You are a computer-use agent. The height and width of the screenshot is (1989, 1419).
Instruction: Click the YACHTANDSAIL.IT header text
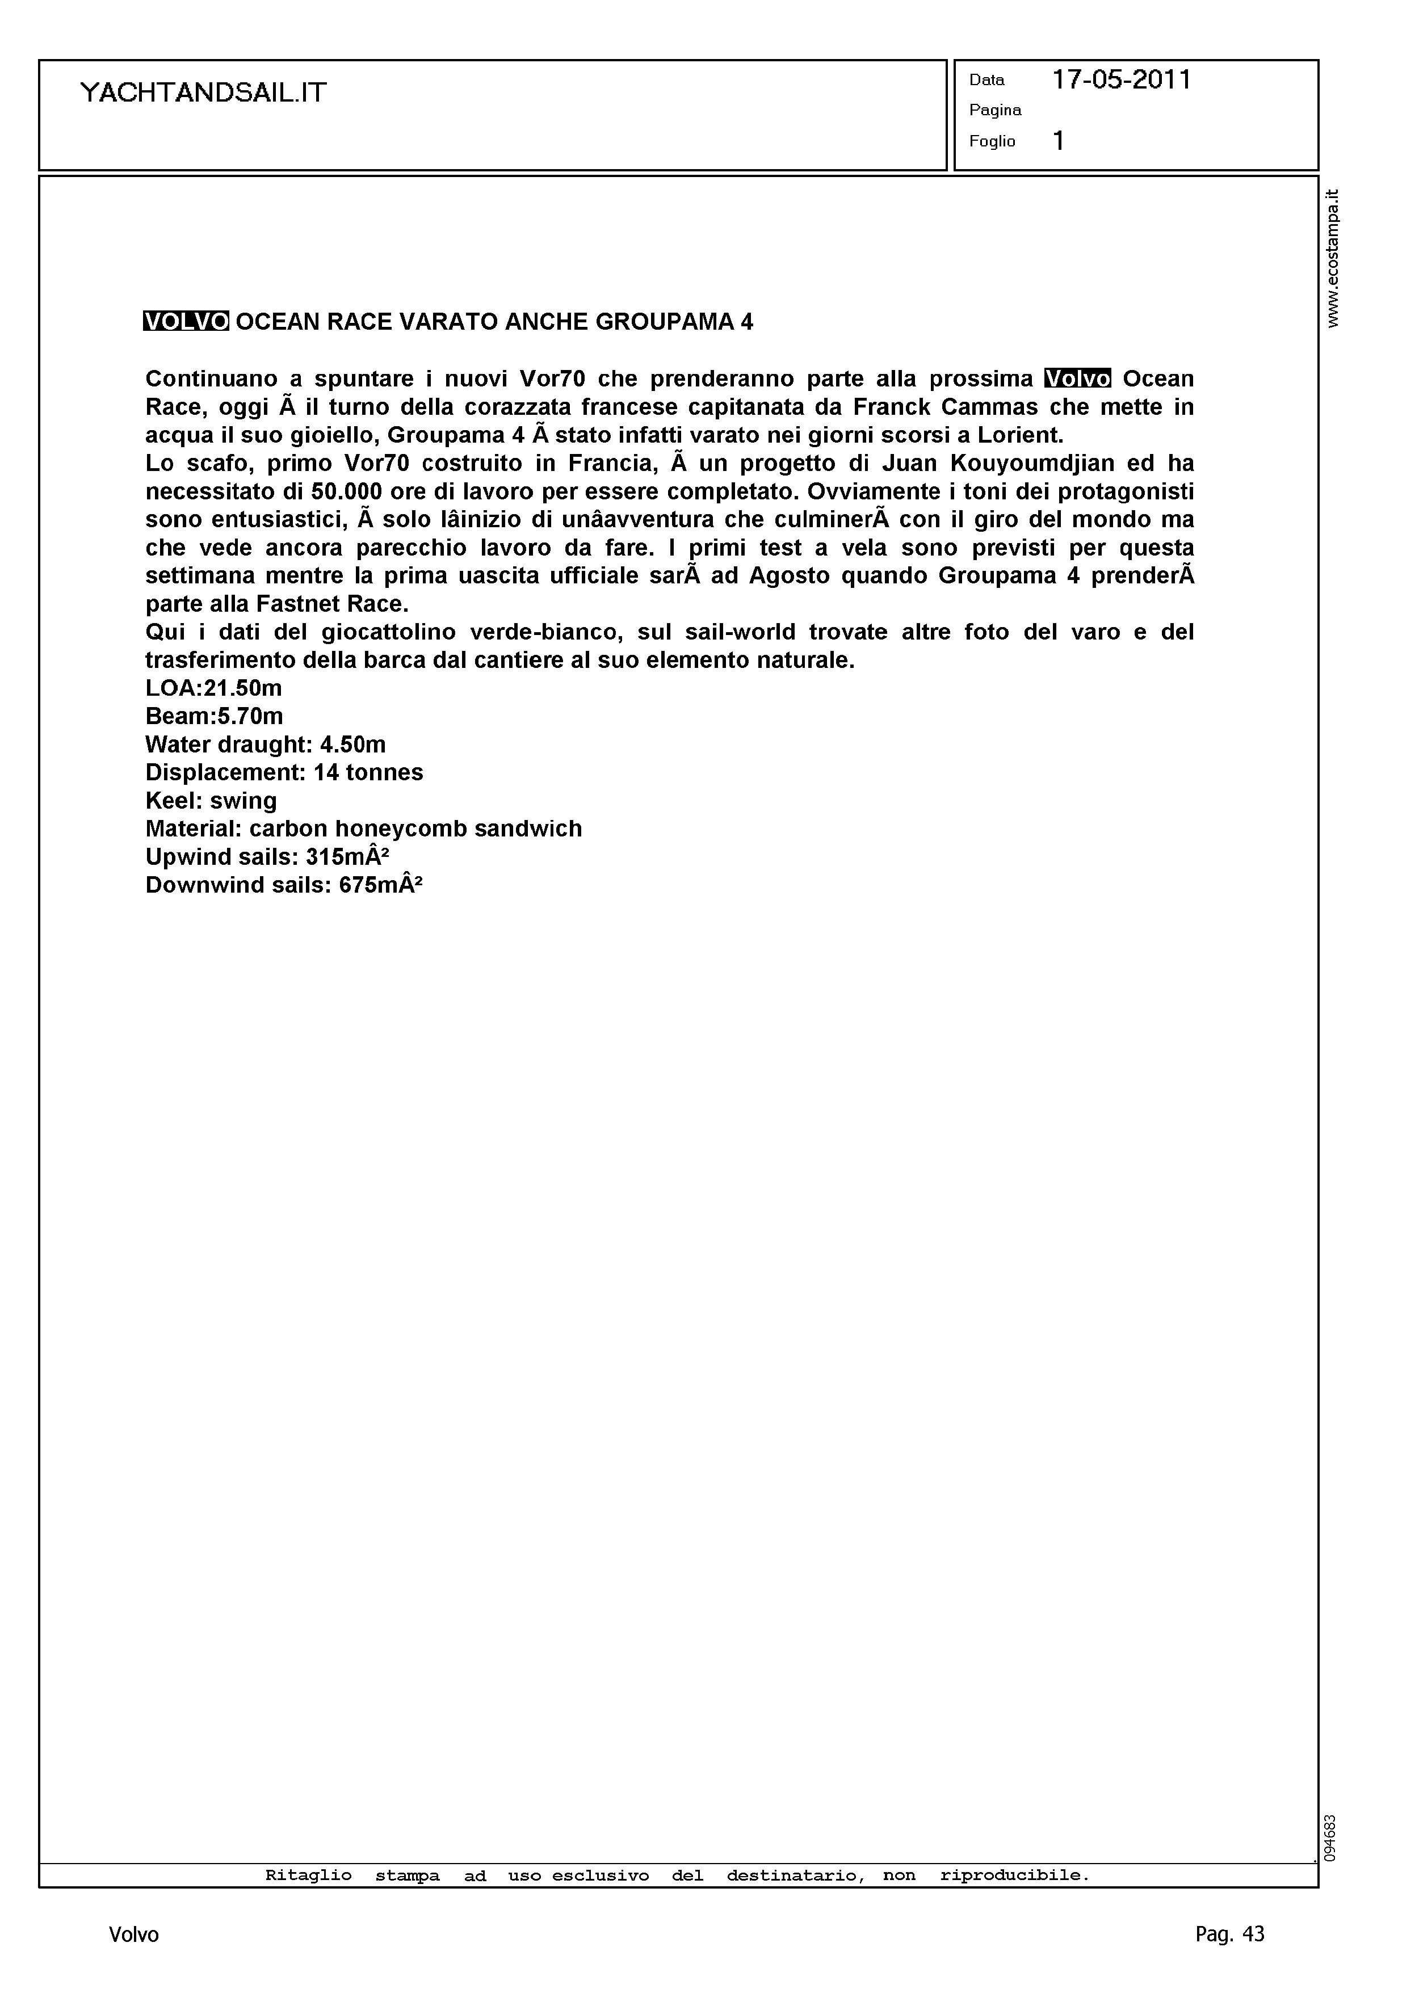(203, 92)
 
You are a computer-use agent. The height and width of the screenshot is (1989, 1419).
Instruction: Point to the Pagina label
(994, 110)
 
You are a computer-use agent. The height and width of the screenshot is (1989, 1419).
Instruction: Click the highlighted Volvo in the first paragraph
(1077, 379)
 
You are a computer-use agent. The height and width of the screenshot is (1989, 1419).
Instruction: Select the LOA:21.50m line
(213, 688)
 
